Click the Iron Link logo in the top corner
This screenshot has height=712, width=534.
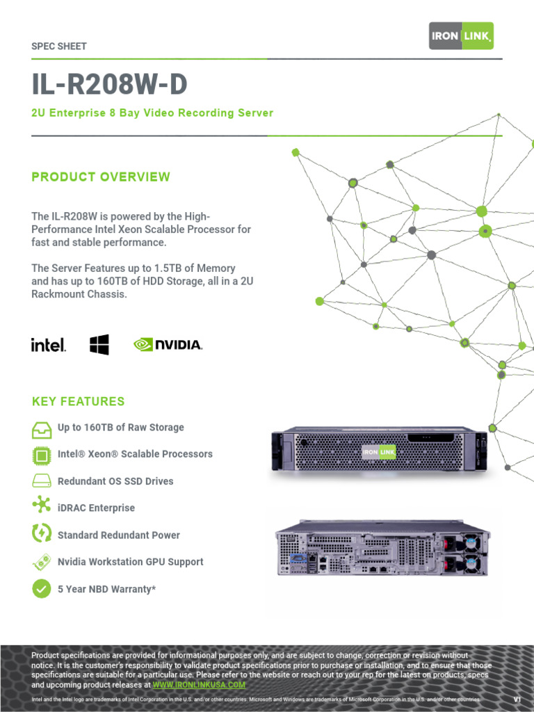click(461, 35)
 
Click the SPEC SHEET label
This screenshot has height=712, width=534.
click(59, 47)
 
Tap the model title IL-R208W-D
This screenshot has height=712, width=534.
click(109, 85)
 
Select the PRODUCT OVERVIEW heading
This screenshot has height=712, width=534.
click(101, 177)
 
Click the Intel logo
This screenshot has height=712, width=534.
click(49, 344)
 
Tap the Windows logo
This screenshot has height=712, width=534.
click(99, 344)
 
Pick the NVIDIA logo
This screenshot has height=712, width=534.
click(168, 344)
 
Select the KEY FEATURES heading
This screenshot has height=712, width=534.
click(79, 401)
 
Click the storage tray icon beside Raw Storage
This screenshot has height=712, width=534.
click(42, 429)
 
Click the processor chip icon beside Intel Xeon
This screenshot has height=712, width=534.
click(42, 455)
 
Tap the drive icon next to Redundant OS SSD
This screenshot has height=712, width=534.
click(42, 481)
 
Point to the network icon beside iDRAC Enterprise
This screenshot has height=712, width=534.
click(42, 506)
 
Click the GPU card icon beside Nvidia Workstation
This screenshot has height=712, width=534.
click(42, 562)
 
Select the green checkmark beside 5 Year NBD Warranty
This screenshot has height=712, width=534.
click(42, 589)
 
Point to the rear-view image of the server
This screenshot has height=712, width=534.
click(382, 549)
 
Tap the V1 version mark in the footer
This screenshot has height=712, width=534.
click(517, 699)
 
